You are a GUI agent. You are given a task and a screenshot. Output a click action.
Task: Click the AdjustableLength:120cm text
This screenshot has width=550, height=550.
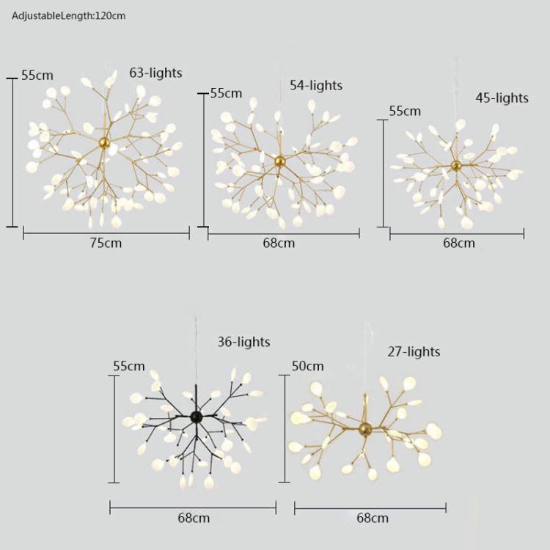coord(69,15)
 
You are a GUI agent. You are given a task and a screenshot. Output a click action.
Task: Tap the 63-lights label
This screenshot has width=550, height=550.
coord(155,73)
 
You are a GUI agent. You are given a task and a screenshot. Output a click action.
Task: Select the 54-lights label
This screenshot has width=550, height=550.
coord(316,86)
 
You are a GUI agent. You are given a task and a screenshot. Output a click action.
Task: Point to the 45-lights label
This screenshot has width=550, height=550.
coord(502,98)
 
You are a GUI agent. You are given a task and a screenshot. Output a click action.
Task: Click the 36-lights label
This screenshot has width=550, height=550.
coord(243,342)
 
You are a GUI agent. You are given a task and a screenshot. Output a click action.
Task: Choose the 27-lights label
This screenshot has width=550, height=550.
coord(414,352)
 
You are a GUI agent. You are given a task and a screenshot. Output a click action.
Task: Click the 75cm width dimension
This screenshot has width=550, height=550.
coord(106,243)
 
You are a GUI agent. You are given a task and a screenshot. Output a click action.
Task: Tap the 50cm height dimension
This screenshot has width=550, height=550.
coord(307,366)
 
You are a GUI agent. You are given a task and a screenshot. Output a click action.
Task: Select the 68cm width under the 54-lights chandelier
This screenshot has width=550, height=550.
coord(279,243)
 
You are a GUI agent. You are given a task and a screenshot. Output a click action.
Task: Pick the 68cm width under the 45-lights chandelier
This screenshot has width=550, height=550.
coord(458,243)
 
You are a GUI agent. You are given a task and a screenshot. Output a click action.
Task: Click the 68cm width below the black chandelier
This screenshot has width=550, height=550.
coord(194,518)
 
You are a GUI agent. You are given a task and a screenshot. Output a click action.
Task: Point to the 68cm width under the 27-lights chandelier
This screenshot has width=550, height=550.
coord(373,518)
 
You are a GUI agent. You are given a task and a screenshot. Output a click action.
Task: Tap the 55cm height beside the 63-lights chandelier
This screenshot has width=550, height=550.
coord(37,76)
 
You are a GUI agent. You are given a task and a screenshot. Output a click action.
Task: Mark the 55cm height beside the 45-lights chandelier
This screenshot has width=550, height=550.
coord(405,111)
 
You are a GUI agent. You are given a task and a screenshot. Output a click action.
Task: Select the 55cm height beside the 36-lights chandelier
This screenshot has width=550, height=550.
coord(128,366)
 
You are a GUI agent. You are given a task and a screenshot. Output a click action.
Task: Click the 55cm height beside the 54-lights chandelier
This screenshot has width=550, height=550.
coord(226,93)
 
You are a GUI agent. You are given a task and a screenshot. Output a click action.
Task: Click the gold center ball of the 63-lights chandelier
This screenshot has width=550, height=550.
coord(105,143)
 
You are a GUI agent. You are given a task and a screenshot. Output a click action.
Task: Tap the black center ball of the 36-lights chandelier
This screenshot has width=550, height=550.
coord(196,417)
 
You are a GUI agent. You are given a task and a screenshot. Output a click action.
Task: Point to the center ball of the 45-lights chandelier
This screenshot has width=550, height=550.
coord(456,165)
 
